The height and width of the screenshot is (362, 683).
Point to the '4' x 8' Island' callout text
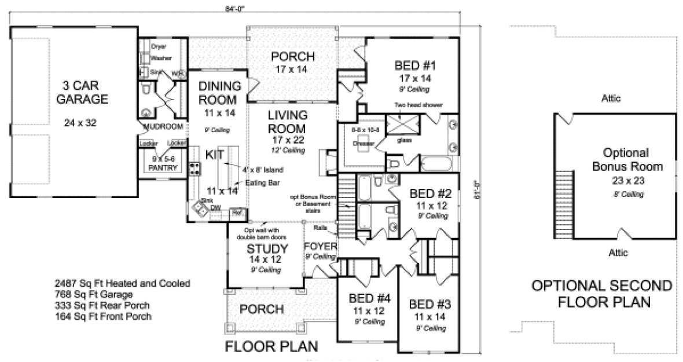[x=262, y=170]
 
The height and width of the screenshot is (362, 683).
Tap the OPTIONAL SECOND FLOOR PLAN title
[x=602, y=294]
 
